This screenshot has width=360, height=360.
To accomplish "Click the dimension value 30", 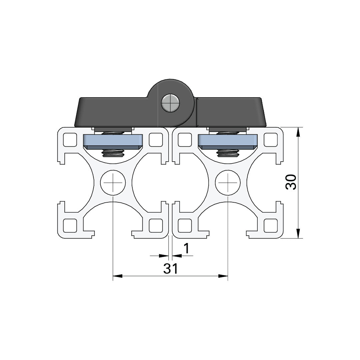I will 291,182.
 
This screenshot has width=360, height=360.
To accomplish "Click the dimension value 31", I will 170,269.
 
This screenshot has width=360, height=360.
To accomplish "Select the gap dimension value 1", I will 187,248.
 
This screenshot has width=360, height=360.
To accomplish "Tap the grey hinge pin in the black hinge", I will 170,103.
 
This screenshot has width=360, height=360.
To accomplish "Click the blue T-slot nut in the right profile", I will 228,141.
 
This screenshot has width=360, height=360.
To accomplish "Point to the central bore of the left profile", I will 113,182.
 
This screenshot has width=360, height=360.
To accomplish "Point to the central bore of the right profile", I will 228,182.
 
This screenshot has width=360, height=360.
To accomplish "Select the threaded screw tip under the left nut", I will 113,154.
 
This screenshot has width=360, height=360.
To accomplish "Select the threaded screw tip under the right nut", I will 228,154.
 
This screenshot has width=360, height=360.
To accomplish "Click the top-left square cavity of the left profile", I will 69,140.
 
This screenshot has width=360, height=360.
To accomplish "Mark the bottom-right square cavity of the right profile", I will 271,226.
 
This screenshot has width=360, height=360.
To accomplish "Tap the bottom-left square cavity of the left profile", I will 69,226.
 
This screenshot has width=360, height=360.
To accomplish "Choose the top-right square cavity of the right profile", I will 271,140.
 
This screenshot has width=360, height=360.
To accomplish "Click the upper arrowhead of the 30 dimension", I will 298,132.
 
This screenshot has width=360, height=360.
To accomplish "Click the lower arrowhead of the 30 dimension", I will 298,233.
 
